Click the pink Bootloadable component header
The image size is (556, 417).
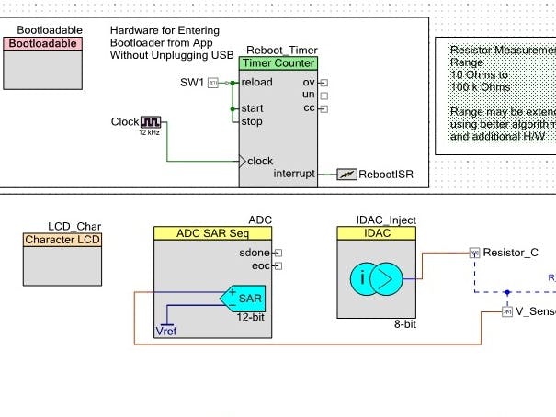pos(42,44)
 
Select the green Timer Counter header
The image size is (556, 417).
pos(278,63)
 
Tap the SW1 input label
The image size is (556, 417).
pos(191,83)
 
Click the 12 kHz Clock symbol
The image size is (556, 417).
pos(150,121)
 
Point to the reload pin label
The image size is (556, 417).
pos(256,83)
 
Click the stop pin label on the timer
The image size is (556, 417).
pos(252,120)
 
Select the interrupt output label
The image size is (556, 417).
pos(294,174)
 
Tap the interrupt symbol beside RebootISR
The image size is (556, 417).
pos(346,174)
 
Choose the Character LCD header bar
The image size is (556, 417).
pos(63,240)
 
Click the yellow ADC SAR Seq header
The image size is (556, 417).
pos(212,233)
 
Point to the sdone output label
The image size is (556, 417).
pos(255,252)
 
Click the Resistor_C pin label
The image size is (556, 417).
pos(510,251)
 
